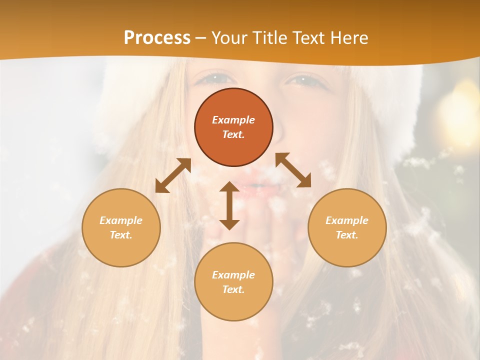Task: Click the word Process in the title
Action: click(157, 38)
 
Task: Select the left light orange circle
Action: click(121, 227)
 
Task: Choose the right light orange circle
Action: click(347, 227)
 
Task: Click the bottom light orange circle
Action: click(233, 282)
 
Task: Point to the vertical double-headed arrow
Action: click(229, 205)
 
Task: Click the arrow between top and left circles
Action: click(173, 175)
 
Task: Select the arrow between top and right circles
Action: click(293, 170)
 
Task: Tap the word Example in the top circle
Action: click(233, 120)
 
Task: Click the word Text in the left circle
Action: click(121, 235)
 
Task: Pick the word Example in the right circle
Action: click(347, 220)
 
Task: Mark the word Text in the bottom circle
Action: click(233, 289)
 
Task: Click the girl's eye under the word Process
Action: click(214, 78)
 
